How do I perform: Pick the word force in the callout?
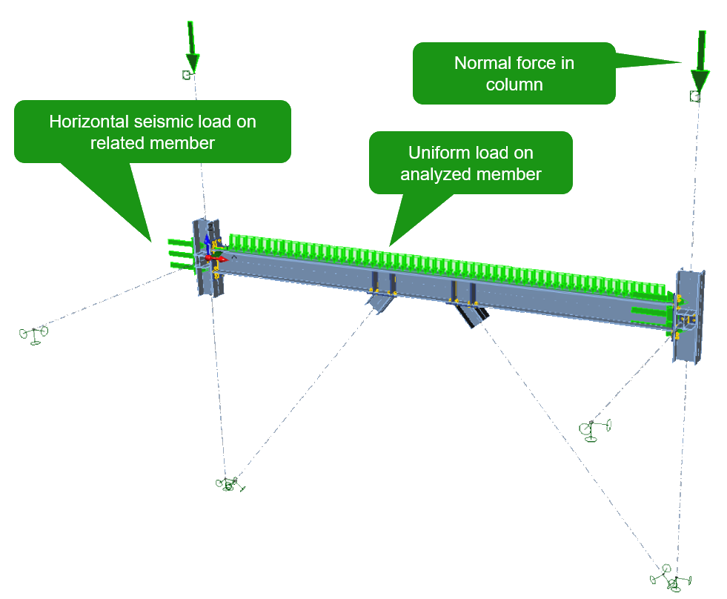tap(539, 62)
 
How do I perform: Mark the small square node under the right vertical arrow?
tap(694, 96)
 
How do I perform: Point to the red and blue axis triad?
tap(210, 252)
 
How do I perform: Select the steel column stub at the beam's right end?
tap(688, 315)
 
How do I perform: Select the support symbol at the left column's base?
tap(230, 484)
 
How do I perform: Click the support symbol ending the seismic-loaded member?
tap(33, 334)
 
